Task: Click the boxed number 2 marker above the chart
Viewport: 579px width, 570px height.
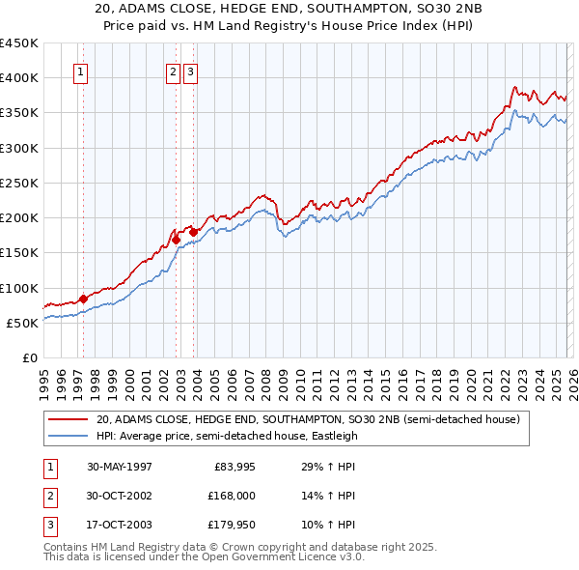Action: coord(173,71)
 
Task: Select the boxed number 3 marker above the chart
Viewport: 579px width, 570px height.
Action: coord(190,71)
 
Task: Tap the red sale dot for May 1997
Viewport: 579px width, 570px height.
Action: coord(83,299)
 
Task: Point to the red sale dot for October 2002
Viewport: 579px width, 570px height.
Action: coord(177,240)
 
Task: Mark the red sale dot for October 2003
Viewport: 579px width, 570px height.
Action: coord(193,232)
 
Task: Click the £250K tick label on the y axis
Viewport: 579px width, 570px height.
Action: coord(19,183)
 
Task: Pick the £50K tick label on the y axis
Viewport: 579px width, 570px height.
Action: coord(23,323)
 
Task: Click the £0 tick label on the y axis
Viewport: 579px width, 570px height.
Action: coord(31,357)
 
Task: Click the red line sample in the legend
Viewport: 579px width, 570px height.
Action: coord(69,420)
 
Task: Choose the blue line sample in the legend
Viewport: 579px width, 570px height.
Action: coord(69,436)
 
